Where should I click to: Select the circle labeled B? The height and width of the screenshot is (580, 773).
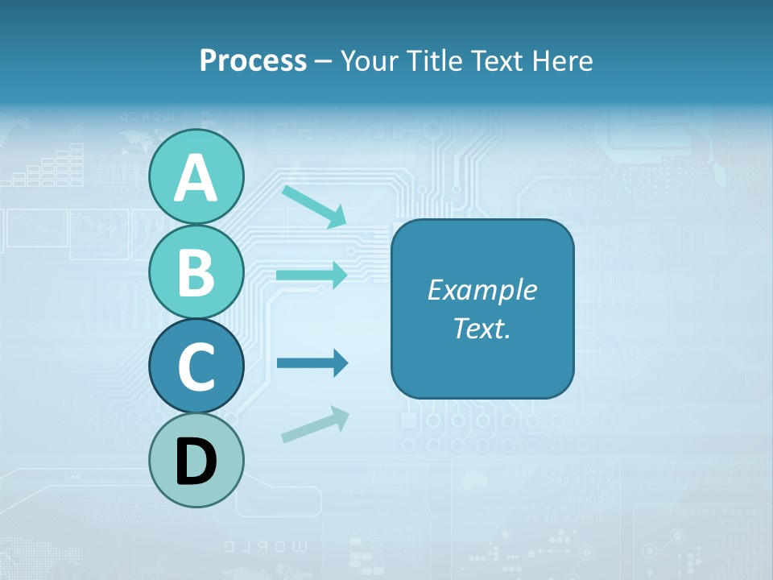pyautogui.click(x=196, y=271)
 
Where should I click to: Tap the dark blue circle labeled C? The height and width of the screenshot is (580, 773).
pyautogui.click(x=196, y=366)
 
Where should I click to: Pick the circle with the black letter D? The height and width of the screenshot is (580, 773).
pyautogui.click(x=196, y=461)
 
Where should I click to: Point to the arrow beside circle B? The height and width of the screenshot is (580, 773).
pyautogui.click(x=312, y=275)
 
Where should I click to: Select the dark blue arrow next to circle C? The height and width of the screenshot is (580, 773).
pyautogui.click(x=312, y=363)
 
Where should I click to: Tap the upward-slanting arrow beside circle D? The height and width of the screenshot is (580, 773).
pyautogui.click(x=315, y=424)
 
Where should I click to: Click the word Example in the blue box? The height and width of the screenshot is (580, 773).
pyautogui.click(x=482, y=290)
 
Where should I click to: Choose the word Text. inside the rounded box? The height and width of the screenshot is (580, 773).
pyautogui.click(x=482, y=328)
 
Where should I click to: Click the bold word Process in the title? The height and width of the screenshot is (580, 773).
pyautogui.click(x=253, y=60)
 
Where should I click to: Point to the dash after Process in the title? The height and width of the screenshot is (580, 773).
pyautogui.click(x=323, y=61)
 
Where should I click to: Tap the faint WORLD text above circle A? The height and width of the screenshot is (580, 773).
pyautogui.click(x=147, y=118)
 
